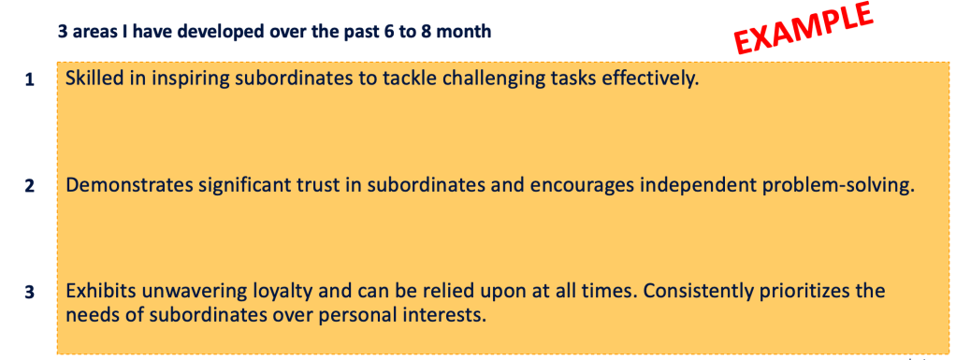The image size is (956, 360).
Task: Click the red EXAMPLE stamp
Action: click(x=803, y=27)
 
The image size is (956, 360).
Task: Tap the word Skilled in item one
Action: click(x=90, y=79)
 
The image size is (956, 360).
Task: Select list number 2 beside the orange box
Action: click(x=29, y=186)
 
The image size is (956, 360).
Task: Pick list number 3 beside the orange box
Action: click(x=29, y=293)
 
